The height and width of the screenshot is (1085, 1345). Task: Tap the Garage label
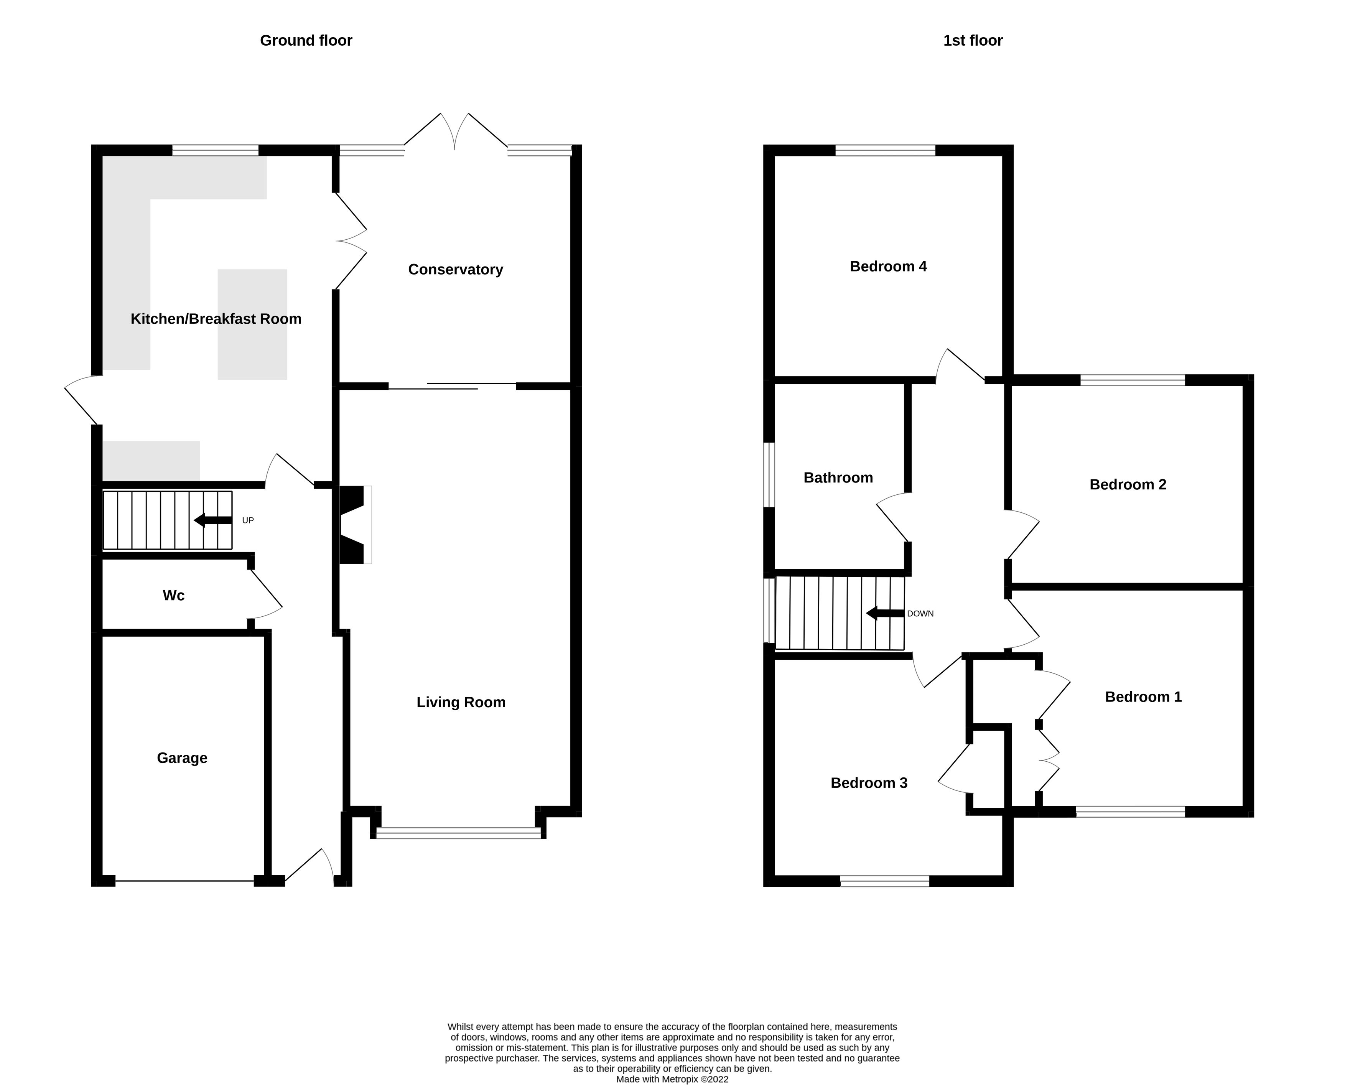pyautogui.click(x=182, y=758)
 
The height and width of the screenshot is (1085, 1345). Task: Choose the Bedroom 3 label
pyautogui.click(x=868, y=783)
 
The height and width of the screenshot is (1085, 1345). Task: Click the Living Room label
pyautogui.click(x=461, y=703)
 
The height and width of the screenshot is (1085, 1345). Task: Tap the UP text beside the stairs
pyautogui.click(x=247, y=520)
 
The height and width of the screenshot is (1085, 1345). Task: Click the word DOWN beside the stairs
pyautogui.click(x=920, y=614)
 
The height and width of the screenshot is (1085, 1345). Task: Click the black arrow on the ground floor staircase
pyautogui.click(x=212, y=520)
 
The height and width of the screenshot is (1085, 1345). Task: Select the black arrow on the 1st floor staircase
pyautogui.click(x=884, y=614)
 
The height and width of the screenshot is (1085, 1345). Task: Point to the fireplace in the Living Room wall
pyautogui.click(x=354, y=525)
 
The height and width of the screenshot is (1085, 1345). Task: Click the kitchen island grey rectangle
pyautogui.click(x=252, y=324)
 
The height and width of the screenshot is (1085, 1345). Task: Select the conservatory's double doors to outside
pyautogui.click(x=454, y=132)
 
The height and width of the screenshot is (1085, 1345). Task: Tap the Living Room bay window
pyautogui.click(x=458, y=833)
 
